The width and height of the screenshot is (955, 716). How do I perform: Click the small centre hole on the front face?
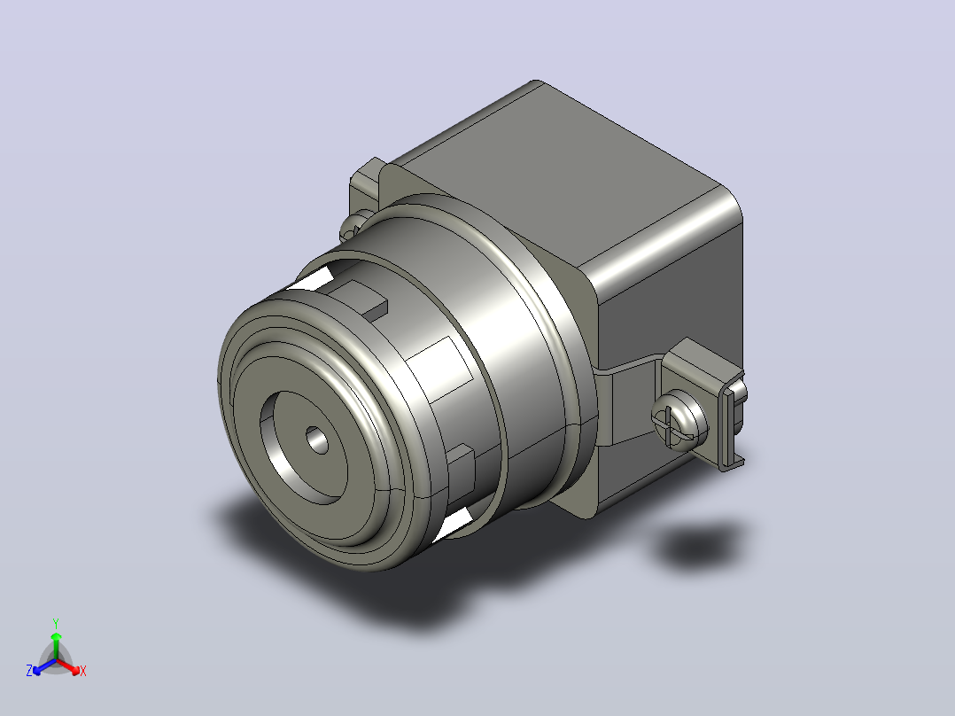point(316,440)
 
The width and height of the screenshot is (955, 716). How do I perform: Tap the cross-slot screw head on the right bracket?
point(679,421)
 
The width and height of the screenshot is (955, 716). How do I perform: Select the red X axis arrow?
point(68,666)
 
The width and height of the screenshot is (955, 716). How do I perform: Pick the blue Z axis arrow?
point(44,666)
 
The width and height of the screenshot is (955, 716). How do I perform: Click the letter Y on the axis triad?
point(56,624)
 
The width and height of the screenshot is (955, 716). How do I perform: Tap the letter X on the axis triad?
point(83,671)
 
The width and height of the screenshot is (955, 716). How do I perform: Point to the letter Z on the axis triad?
point(29,671)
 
